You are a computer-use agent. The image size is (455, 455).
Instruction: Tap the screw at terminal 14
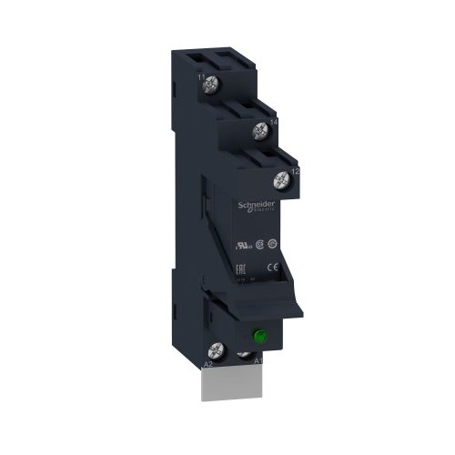click(x=262, y=129)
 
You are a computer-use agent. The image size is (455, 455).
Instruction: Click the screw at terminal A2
click(x=218, y=348)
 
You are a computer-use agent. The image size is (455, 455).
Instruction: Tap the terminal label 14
click(x=274, y=120)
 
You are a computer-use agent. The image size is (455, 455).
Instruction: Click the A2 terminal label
click(x=207, y=361)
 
